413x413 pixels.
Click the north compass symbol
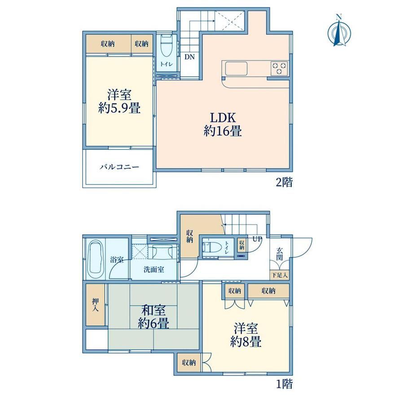(x=339, y=31)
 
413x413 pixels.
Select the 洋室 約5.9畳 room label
(x=119, y=101)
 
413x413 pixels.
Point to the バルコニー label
(x=119, y=167)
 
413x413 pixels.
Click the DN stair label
(x=189, y=57)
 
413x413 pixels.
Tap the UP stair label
(x=257, y=239)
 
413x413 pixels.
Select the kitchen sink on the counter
(x=236, y=69)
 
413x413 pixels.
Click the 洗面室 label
(x=154, y=269)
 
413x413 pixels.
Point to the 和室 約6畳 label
(x=153, y=317)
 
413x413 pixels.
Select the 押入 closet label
(x=95, y=305)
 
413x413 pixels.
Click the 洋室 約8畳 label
(x=246, y=335)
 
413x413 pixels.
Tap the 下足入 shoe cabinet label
(x=280, y=276)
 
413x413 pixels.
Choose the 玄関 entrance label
(x=280, y=254)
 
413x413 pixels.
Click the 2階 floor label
(x=284, y=182)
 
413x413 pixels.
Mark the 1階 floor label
(x=284, y=384)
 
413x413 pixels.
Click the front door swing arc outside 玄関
(x=306, y=252)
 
